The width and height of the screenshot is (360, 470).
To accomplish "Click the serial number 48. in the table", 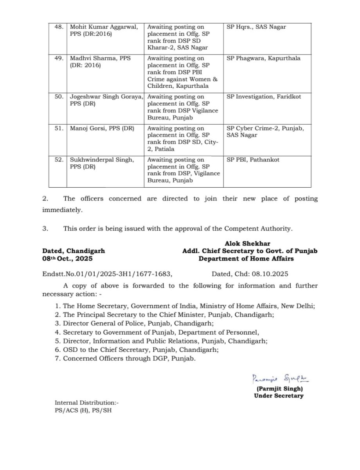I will click(x=59, y=27).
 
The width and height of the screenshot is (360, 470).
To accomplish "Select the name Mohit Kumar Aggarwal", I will click(x=104, y=27).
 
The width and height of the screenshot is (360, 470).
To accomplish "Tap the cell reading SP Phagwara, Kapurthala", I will click(x=264, y=58).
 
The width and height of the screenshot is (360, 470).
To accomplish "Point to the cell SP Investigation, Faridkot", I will click(x=264, y=97).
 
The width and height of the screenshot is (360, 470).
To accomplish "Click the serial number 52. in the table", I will click(x=59, y=160).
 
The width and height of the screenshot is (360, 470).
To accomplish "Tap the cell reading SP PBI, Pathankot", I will click(x=253, y=160).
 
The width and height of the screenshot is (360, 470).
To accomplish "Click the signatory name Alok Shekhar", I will click(x=247, y=244).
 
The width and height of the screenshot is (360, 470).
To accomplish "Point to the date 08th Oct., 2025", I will click(x=68, y=258).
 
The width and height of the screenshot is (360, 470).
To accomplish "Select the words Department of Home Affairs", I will click(x=246, y=258).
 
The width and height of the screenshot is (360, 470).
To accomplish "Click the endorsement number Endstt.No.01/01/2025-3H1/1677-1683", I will click(x=107, y=275).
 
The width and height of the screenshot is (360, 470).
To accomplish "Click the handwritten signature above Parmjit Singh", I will click(x=280, y=379).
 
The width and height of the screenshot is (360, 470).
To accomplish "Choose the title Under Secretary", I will click(x=279, y=396).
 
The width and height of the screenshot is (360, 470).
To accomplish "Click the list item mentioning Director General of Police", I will click(x=134, y=324).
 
